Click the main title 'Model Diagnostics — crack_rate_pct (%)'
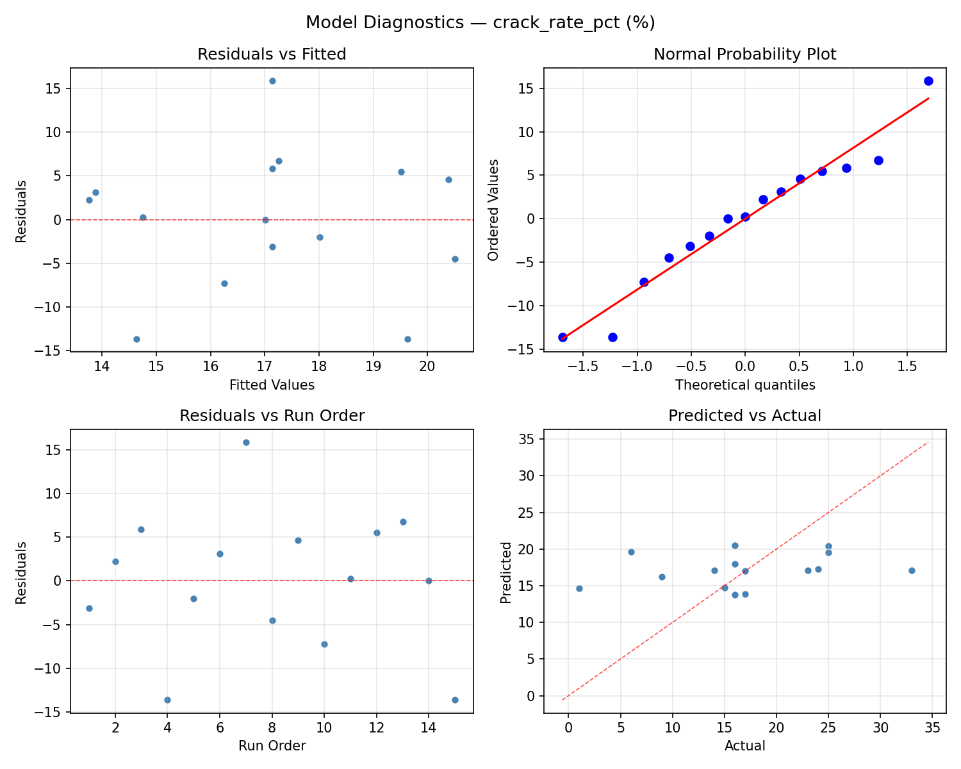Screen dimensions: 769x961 coord(480,22)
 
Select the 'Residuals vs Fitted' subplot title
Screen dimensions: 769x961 coord(272,54)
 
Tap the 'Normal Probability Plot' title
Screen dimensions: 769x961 coord(744,54)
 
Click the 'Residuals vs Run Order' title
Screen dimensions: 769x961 coord(272,416)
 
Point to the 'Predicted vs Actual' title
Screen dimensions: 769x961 coord(744,416)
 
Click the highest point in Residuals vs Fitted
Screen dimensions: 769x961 coord(272,81)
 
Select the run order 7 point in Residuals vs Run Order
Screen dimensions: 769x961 coord(246,442)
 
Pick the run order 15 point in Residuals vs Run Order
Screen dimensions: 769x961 coord(455,700)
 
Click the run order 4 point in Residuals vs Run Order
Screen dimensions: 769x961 coord(167,700)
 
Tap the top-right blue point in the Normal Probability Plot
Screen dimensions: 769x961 coord(928,81)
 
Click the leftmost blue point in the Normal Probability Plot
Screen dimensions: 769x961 coord(563,337)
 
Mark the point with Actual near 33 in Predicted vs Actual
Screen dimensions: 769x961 coord(912,570)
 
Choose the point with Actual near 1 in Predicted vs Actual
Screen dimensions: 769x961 coord(579,588)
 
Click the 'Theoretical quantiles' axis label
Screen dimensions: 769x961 coord(744,385)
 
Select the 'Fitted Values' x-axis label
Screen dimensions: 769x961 coord(272,385)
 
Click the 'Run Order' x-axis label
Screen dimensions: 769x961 coord(272,746)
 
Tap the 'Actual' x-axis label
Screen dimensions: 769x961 coord(744,746)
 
